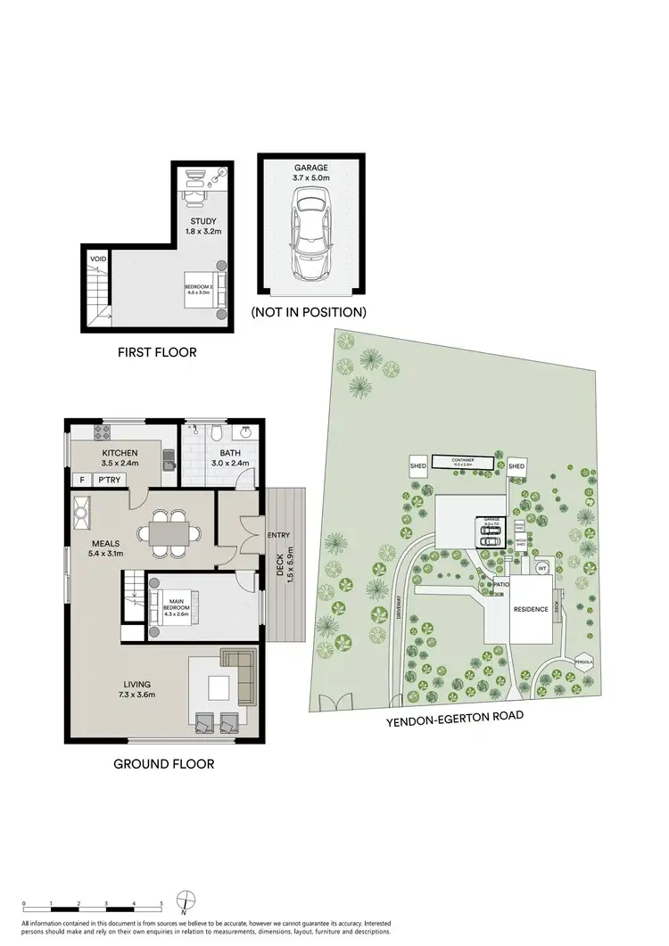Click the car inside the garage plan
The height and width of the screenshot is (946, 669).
[310, 238]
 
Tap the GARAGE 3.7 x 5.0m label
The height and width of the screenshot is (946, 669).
[310, 172]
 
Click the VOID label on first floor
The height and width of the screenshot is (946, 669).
[97, 259]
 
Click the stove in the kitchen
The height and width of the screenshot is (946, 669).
[102, 436]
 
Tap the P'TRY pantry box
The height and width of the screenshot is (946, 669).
[110, 480]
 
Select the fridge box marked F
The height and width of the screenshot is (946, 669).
[82, 480]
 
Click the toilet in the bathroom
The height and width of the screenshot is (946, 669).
[217, 434]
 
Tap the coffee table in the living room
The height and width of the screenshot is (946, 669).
[219, 687]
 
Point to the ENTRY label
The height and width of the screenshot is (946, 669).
[277, 535]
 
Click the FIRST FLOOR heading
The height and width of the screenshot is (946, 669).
[157, 352]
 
